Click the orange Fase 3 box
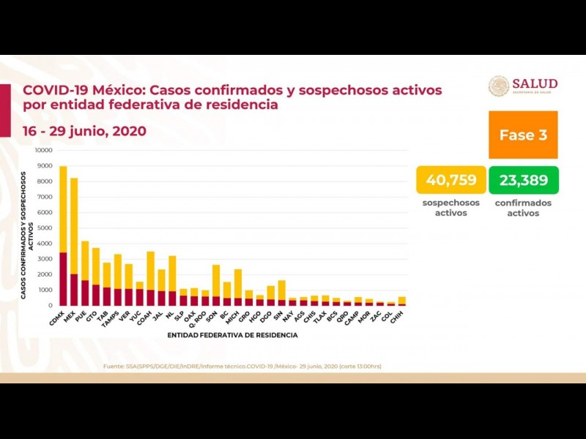pos(523,135)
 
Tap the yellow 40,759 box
pos(447,180)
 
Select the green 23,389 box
pos(524,180)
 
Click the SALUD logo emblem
pos(499,86)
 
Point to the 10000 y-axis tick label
pos(43,150)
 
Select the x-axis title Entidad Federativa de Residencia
pos(232,335)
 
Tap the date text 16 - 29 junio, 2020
pos(84,132)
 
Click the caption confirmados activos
pos(524,208)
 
